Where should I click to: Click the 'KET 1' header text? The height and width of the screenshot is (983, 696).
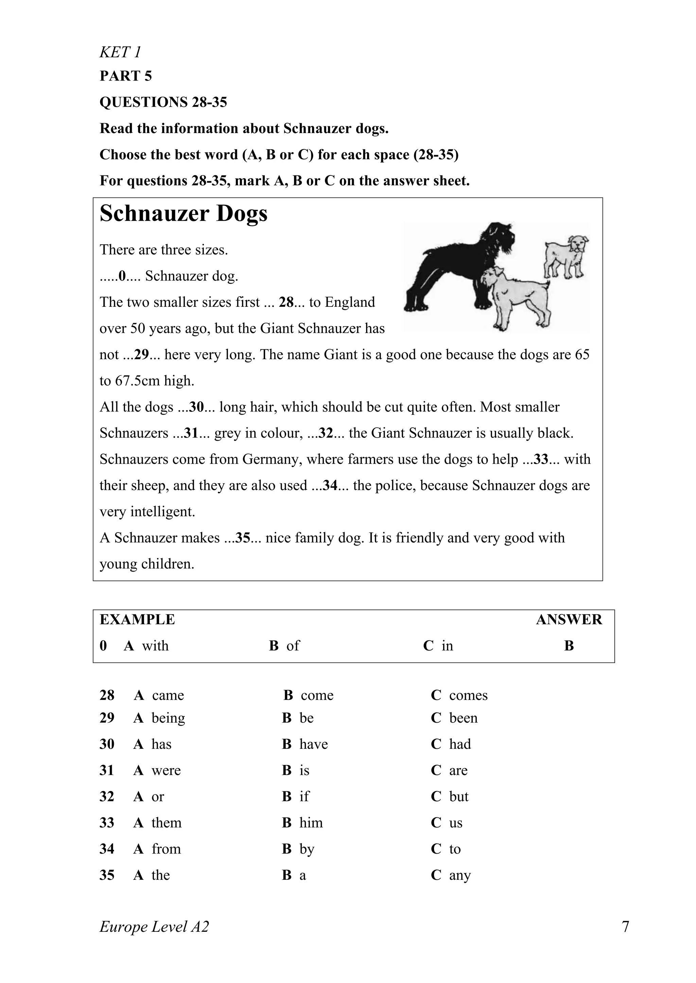(x=120, y=52)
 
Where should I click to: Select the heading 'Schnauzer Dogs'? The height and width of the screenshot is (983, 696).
(x=184, y=213)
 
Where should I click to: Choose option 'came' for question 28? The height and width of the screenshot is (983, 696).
(x=168, y=695)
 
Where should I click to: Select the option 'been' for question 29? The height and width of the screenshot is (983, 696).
(x=463, y=718)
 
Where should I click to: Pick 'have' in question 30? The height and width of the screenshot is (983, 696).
(x=313, y=744)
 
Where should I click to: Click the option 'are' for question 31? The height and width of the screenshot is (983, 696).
(x=458, y=771)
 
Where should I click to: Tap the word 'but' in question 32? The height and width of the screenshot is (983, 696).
(x=458, y=797)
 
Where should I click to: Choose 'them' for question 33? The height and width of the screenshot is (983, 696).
(x=166, y=823)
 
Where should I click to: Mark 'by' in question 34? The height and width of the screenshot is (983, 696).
(x=307, y=849)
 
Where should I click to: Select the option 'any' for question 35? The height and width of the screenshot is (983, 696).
(x=459, y=875)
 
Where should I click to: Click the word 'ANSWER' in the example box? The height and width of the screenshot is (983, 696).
(x=568, y=619)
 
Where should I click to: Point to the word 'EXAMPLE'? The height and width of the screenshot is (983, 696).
(x=137, y=619)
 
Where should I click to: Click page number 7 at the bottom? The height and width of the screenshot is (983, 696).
(x=625, y=927)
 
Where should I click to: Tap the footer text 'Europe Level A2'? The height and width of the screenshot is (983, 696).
(x=154, y=927)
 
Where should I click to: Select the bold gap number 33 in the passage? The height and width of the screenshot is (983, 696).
(x=541, y=459)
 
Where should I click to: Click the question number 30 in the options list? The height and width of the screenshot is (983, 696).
(x=107, y=744)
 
